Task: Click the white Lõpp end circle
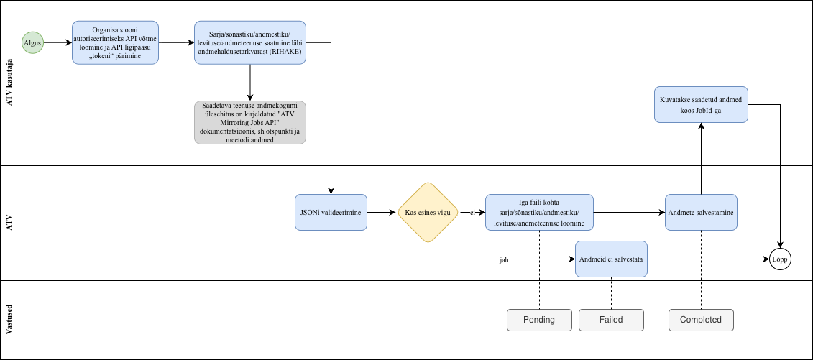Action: pos(780,259)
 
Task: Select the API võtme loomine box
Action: pos(116,42)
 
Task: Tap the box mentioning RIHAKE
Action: pos(250,42)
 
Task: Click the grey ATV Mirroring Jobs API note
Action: pos(250,122)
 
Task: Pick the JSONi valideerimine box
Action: pos(331,213)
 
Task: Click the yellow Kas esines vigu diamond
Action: pos(428,213)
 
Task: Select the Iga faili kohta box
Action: pos(539,213)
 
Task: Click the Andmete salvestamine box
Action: pos(700,213)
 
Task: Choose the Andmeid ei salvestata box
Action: pos(611,259)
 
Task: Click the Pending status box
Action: pos(539,320)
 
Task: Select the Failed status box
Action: pos(611,320)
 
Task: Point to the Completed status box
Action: pos(700,320)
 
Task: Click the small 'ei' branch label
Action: pos(472,213)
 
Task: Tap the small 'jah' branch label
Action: pos(504,259)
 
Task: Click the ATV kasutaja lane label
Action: pos(9,83)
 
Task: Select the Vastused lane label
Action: pos(9,320)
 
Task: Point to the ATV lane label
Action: pos(9,223)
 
